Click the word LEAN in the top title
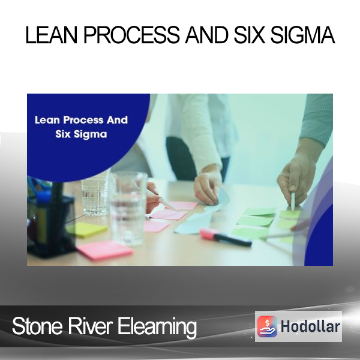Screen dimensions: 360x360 click(x=51, y=35)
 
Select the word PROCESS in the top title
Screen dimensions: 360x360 click(x=131, y=35)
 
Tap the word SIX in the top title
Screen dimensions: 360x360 click(x=250, y=35)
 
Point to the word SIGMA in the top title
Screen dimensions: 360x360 click(x=302, y=35)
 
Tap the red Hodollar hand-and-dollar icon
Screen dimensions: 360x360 click(x=267, y=326)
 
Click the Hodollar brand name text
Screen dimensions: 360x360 click(x=310, y=326)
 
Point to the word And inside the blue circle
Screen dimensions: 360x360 click(x=117, y=120)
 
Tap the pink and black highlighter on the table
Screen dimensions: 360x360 click(x=225, y=238)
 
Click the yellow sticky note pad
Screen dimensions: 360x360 click(x=87, y=230)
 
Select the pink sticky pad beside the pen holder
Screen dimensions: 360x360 click(x=104, y=250)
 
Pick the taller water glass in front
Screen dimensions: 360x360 click(x=128, y=208)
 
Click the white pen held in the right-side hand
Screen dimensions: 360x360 click(x=293, y=202)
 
